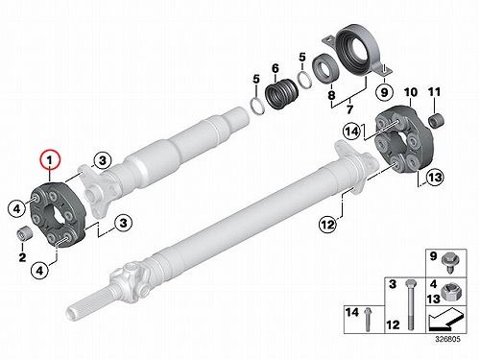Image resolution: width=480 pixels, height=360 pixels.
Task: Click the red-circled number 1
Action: pos(50,159)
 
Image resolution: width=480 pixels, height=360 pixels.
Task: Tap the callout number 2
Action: pos(22,257)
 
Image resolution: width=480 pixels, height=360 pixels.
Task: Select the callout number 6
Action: pos(276,68)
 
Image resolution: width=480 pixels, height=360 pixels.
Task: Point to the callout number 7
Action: pos(349,109)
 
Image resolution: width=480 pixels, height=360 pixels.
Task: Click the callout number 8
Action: pos(331,95)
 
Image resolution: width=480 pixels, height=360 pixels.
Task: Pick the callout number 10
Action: pos(411,92)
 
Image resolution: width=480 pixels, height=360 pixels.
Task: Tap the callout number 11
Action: pos(434,92)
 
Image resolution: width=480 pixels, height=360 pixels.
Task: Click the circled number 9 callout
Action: pos(384,92)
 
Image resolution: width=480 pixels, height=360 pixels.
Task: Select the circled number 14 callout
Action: pos(352,132)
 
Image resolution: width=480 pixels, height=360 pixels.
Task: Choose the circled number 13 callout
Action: pos(435,177)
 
